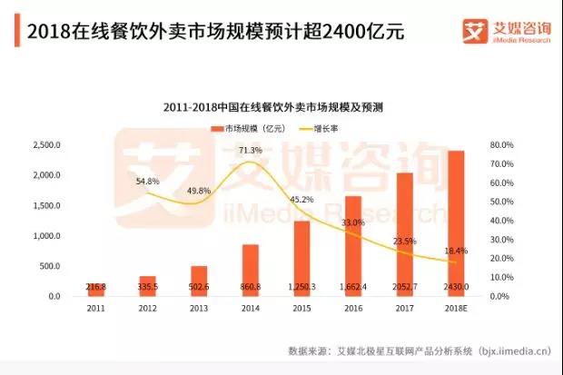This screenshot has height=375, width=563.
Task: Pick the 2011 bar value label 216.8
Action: pyautogui.click(x=94, y=287)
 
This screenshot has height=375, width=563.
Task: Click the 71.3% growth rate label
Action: pyautogui.click(x=250, y=150)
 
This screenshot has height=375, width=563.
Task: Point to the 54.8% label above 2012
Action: pyautogui.click(x=147, y=182)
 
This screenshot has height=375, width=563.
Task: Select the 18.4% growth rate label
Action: pyautogui.click(x=455, y=250)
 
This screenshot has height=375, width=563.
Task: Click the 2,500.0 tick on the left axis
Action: pyautogui.click(x=45, y=144)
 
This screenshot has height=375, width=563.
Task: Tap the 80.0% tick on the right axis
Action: pyautogui.click(x=501, y=144)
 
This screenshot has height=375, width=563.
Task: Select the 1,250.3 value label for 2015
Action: pyautogui.click(x=301, y=287)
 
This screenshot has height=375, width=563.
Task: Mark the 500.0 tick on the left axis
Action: pyautogui.click(x=47, y=266)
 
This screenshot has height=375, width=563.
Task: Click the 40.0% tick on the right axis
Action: pyautogui.click(x=501, y=221)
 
